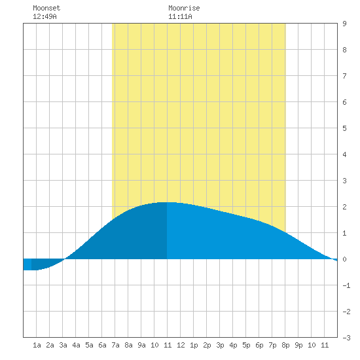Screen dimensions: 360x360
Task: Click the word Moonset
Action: (46, 8)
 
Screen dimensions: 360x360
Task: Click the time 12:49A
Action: (45, 16)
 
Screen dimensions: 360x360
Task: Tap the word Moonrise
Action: (184, 8)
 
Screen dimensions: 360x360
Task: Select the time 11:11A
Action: (180, 16)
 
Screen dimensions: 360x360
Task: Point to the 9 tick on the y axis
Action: (344, 24)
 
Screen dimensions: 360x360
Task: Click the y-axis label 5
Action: (344, 128)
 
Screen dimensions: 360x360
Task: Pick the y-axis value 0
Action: (344, 259)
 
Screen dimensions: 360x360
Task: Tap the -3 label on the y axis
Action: (346, 338)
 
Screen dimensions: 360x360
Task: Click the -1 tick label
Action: (346, 285)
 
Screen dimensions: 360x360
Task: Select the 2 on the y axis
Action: (344, 207)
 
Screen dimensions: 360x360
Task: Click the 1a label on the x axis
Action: (37, 345)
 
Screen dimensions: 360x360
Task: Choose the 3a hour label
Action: (63, 345)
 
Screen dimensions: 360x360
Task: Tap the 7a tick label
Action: (115, 345)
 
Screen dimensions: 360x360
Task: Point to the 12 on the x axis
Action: (181, 345)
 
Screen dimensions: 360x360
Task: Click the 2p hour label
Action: (207, 345)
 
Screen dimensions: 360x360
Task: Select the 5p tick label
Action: (246, 345)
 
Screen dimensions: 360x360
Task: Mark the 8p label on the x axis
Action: (285, 345)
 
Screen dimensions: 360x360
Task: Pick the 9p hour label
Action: (298, 345)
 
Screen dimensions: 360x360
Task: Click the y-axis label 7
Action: (344, 76)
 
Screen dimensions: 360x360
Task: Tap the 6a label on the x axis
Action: (102, 345)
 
